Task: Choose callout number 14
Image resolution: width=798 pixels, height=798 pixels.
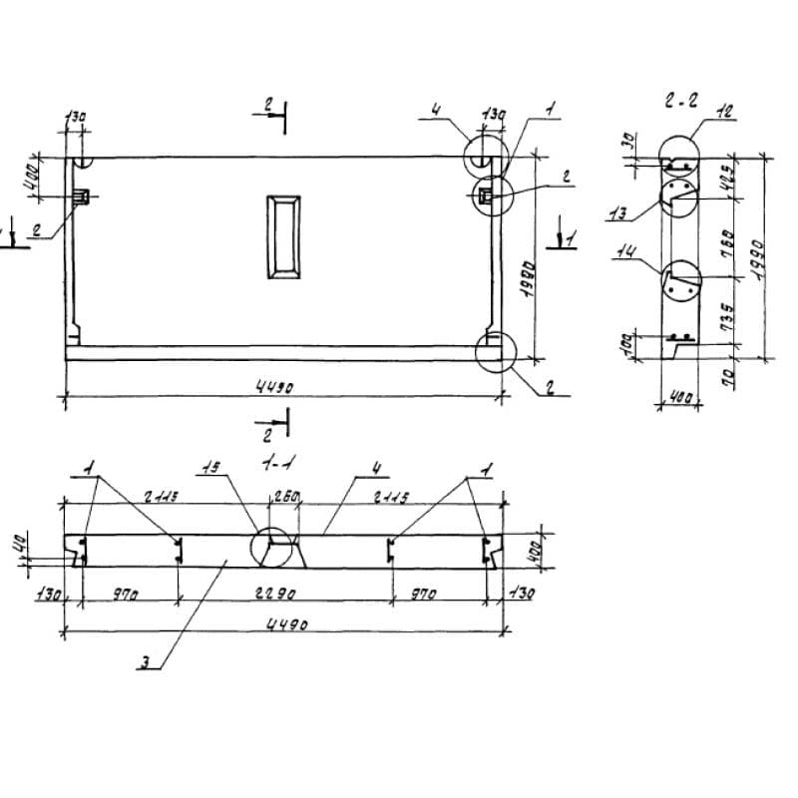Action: pyautogui.click(x=625, y=254)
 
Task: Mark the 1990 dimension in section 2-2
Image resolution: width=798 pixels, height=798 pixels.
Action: pyautogui.click(x=757, y=258)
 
